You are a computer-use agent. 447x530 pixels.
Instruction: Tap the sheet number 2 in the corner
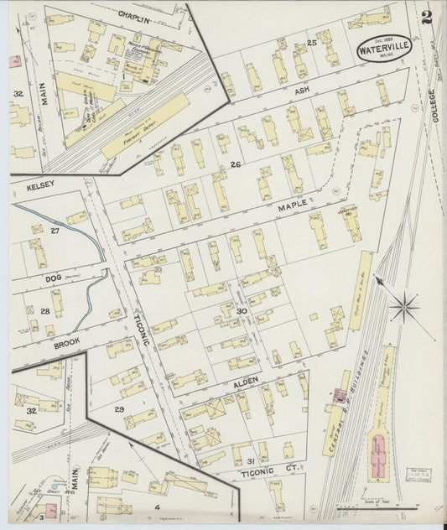(x=428, y=16)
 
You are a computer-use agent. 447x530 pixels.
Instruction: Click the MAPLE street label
(x=292, y=204)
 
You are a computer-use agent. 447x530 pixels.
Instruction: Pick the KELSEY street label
(x=39, y=184)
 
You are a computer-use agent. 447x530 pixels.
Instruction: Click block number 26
(x=236, y=164)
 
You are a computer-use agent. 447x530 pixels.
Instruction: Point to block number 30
(x=242, y=311)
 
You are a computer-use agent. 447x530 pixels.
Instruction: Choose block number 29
(x=119, y=408)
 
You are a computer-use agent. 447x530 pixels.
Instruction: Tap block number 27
(x=55, y=230)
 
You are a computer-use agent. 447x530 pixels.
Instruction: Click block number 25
(x=311, y=42)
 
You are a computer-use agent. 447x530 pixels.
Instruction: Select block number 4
(x=156, y=506)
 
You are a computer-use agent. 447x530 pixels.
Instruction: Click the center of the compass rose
(x=404, y=308)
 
